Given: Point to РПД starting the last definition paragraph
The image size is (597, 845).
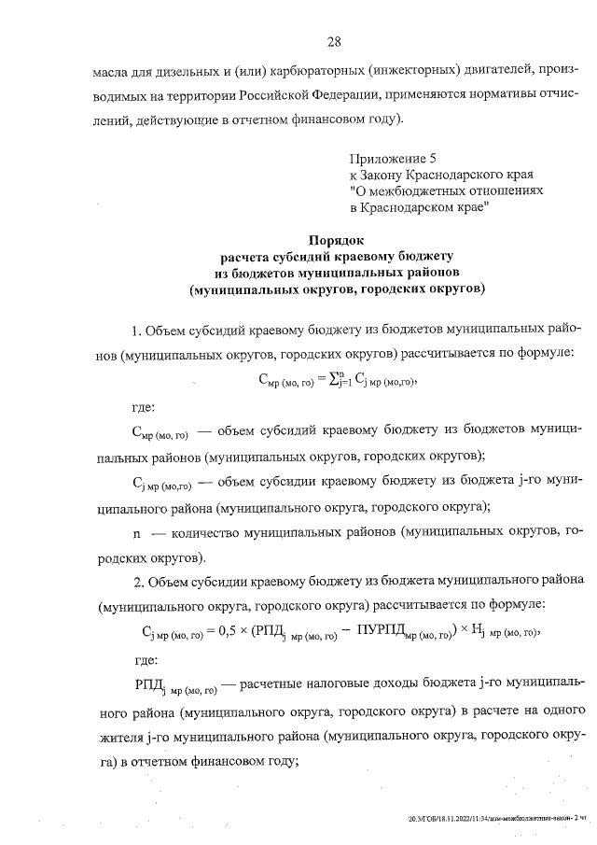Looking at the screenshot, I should point(149,684).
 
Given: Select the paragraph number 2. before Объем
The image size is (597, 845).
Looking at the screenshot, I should point(138,582).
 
